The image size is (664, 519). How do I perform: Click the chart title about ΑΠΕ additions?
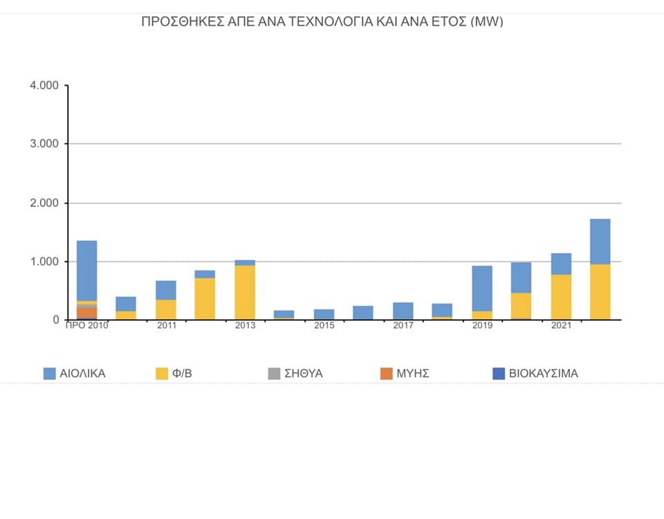pos(322,21)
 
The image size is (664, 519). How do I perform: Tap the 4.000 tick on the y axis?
pos(44,86)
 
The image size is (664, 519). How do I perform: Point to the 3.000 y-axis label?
pos(44,144)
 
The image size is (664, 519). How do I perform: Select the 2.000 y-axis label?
pos(44,203)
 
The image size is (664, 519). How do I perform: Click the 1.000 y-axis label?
pos(44,262)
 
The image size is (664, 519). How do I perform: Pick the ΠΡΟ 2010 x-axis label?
pos(86,325)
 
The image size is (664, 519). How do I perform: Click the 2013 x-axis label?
pos(245,325)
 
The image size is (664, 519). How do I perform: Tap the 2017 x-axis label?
pos(403,325)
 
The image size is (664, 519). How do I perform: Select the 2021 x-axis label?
pos(561,325)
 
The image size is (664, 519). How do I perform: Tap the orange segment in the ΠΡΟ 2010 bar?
pos(86,313)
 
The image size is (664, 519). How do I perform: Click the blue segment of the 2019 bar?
pos(482,288)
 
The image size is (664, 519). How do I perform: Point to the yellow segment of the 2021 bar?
pos(561,297)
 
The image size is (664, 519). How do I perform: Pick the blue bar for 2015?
pos(324,314)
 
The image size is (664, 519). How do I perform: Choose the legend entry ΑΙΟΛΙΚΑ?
pos(74,374)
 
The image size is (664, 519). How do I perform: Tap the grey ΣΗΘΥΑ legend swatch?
pos(273,374)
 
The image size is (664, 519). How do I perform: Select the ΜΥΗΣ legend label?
pos(414,374)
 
